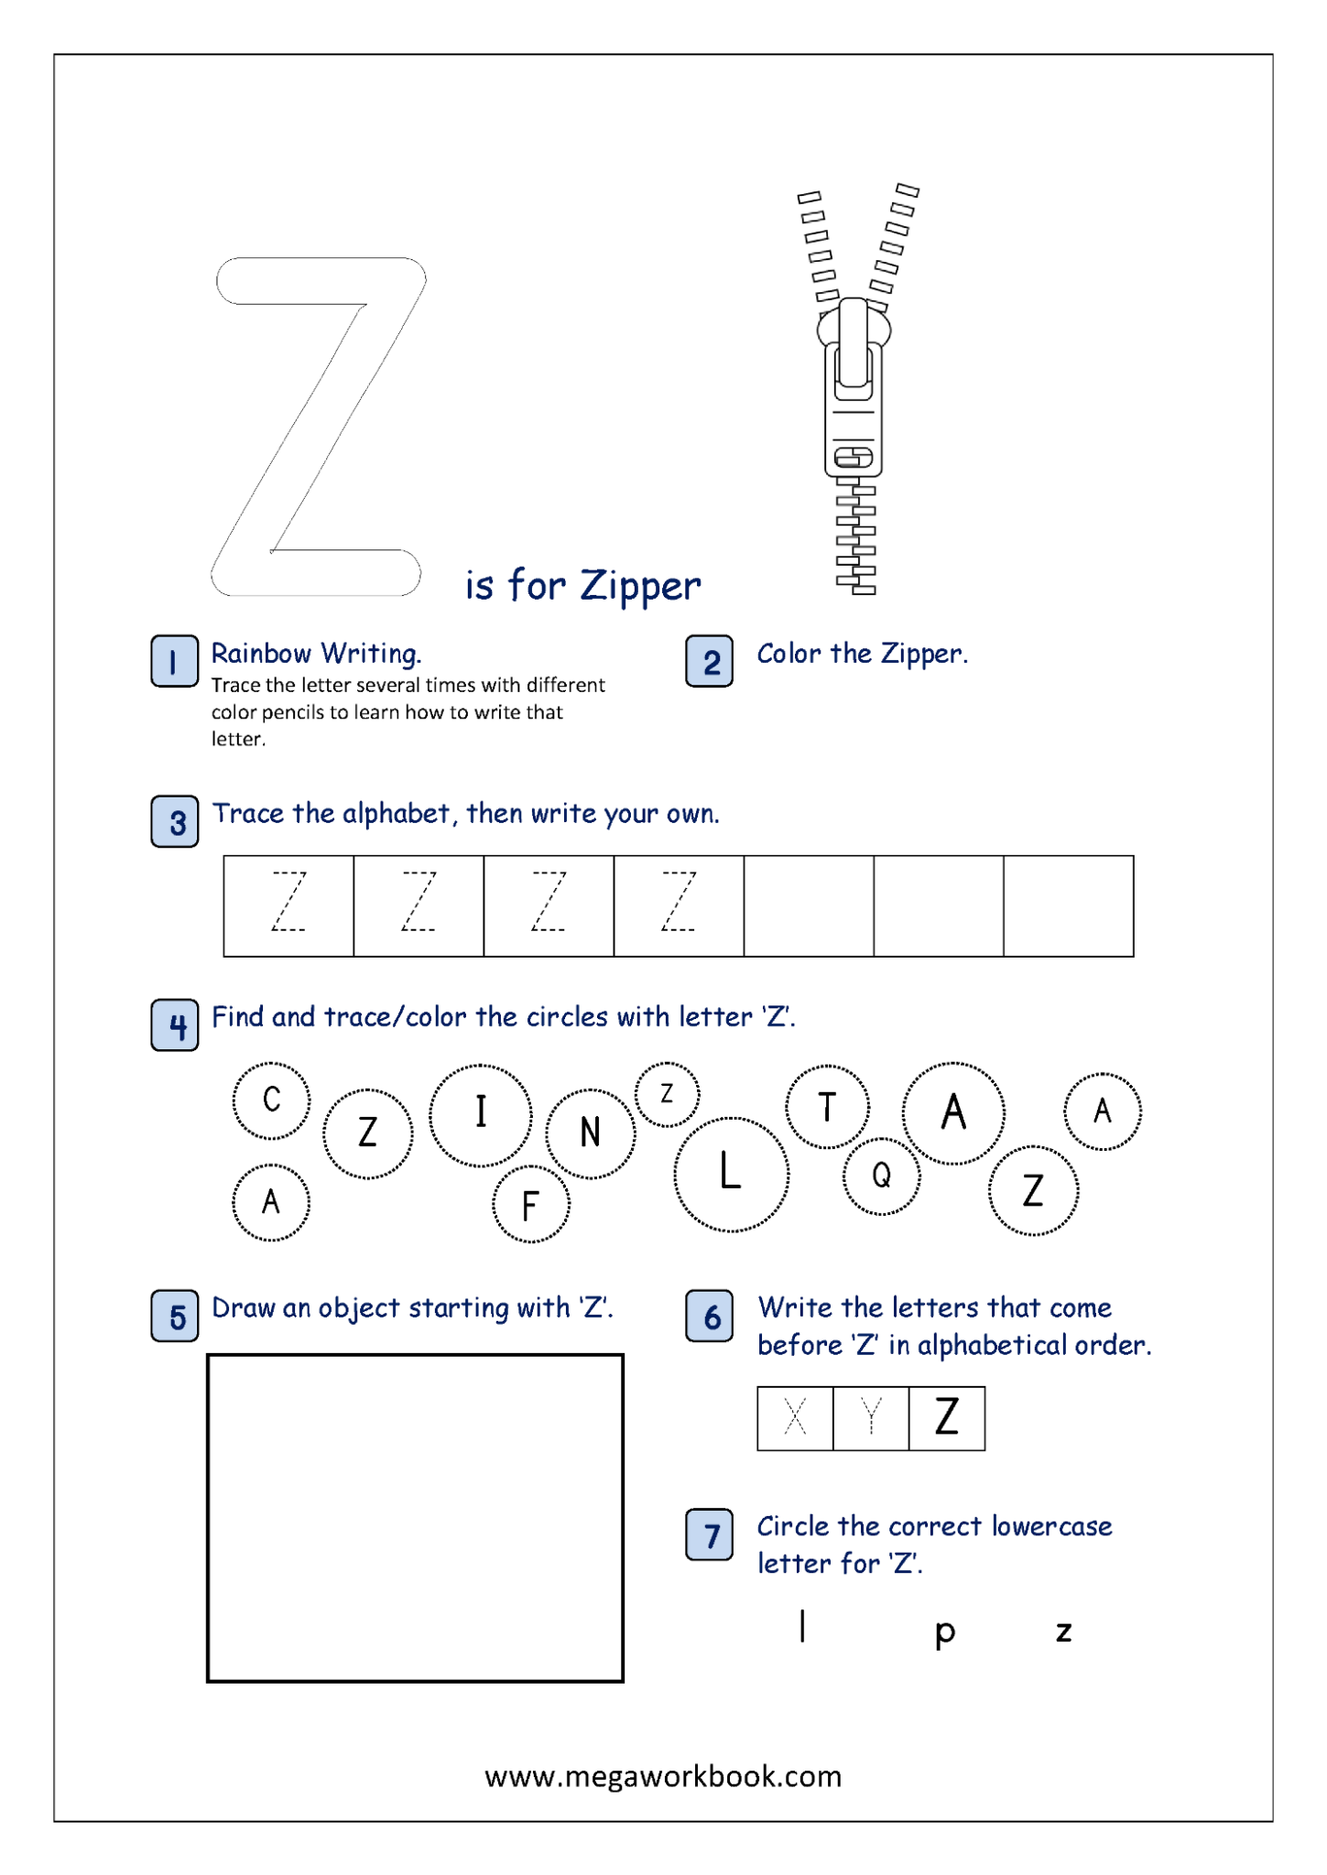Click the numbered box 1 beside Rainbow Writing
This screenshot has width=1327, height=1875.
coord(174,661)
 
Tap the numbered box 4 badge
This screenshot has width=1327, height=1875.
coord(174,1024)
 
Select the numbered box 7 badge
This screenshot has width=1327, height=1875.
coord(709,1535)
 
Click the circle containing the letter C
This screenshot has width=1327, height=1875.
coord(271,1100)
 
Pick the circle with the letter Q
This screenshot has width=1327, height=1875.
coord(881,1176)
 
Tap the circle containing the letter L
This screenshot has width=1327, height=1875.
coord(731,1174)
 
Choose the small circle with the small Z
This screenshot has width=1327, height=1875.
coord(667,1094)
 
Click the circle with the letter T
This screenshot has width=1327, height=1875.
coord(827,1107)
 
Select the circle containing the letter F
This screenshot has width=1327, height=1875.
coord(530,1205)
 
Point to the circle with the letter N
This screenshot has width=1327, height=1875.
coord(591,1133)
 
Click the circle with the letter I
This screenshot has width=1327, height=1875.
coord(480,1114)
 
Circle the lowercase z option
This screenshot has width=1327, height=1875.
coord(1063,1631)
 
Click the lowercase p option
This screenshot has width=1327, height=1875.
coord(945,1631)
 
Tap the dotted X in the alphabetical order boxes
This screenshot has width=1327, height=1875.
coord(795,1418)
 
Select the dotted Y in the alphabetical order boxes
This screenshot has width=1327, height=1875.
coord(871,1418)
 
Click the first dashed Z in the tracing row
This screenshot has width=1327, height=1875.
coord(288,903)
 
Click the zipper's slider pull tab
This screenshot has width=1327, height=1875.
coord(854,348)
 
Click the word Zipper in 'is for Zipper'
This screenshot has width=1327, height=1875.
coord(640,586)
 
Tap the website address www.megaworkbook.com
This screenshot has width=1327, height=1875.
coord(663,1776)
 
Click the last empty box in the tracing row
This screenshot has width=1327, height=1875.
coord(1068,905)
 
